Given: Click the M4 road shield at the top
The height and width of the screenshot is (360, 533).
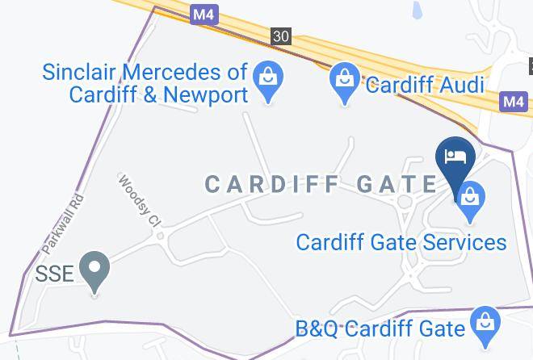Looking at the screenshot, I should tap(203, 14).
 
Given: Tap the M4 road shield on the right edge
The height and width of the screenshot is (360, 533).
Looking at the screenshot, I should tap(513, 102).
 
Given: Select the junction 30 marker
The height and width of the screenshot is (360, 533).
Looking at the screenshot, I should tap(280, 36).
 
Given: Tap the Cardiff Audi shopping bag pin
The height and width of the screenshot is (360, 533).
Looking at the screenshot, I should tap(345, 82).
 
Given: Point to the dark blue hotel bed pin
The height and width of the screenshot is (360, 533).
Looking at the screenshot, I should tap(455, 157).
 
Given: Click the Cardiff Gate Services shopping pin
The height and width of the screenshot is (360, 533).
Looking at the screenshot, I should tap(469, 199).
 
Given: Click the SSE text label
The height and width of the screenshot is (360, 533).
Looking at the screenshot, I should tap(55, 273).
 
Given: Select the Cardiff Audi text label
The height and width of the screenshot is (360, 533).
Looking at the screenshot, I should tap(425, 85).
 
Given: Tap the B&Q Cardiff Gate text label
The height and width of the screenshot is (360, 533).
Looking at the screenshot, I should tap(380, 329).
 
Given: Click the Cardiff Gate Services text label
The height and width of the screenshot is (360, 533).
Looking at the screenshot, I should tap(401, 242).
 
